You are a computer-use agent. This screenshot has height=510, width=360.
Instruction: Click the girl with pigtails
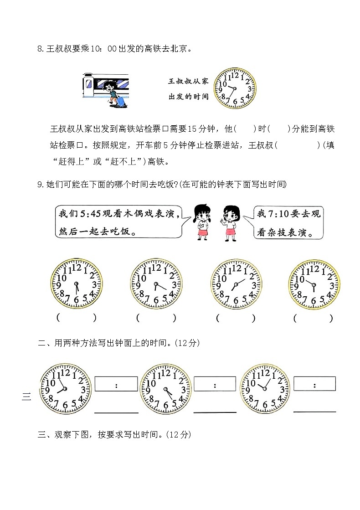click(202, 222)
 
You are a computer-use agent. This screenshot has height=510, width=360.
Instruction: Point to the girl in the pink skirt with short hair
click(230, 222)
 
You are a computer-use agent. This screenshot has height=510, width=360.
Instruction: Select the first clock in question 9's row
click(76, 285)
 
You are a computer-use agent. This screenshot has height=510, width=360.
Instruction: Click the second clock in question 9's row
click(156, 285)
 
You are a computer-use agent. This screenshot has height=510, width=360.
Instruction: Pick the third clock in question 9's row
click(236, 285)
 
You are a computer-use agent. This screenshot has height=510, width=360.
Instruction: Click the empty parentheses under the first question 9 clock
click(76, 318)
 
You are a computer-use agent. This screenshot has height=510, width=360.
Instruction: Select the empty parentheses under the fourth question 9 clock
click(313, 318)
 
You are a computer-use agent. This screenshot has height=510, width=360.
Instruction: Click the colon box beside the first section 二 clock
click(116, 384)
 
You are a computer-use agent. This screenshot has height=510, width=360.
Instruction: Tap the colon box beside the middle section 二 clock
click(215, 384)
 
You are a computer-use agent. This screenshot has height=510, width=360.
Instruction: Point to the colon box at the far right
click(314, 384)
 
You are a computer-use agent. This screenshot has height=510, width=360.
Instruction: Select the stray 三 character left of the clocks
click(26, 397)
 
